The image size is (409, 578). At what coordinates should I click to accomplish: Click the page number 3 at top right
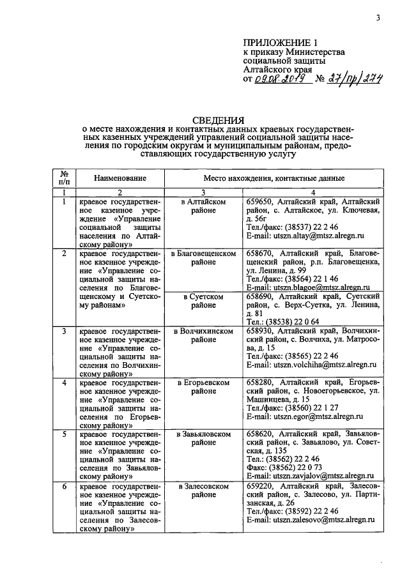coord(378,17)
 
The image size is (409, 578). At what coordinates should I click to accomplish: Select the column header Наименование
coord(120,178)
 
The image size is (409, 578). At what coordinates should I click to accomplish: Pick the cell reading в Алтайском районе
coord(204,206)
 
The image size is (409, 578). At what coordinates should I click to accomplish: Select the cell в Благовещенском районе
coord(204,258)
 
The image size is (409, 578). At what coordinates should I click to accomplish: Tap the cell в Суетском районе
coord(204,301)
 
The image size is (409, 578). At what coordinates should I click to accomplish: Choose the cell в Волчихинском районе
coord(204,336)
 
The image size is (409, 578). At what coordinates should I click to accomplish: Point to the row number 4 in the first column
coord(64,383)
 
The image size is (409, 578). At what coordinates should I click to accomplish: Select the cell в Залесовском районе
coord(204,490)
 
